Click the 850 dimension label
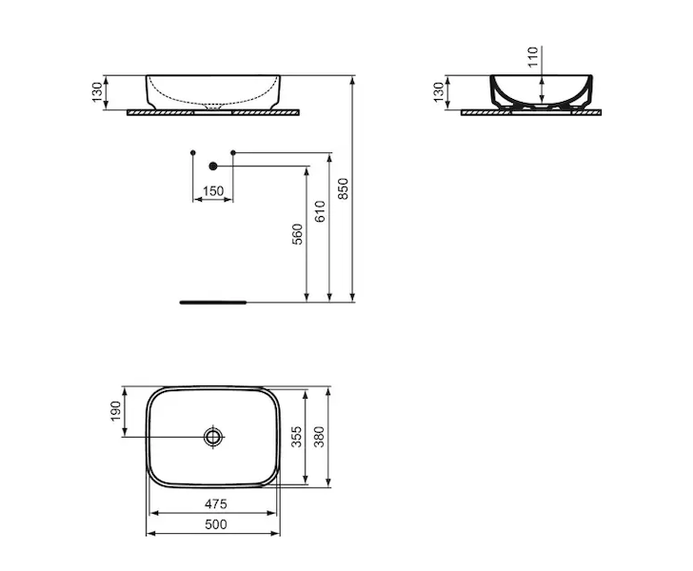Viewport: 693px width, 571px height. tap(344, 188)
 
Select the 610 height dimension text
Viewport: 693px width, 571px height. tap(321, 211)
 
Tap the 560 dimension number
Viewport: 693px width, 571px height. tap(298, 234)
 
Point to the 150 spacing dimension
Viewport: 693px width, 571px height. tap(213, 191)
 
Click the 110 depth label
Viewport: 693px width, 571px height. tap(533, 56)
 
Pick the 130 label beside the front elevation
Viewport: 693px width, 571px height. tap(97, 92)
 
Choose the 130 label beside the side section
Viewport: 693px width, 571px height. tap(439, 92)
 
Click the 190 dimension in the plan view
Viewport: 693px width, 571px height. tap(115, 411)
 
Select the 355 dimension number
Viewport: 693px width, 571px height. tap(297, 437)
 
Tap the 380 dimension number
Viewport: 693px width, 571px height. tap(319, 437)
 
